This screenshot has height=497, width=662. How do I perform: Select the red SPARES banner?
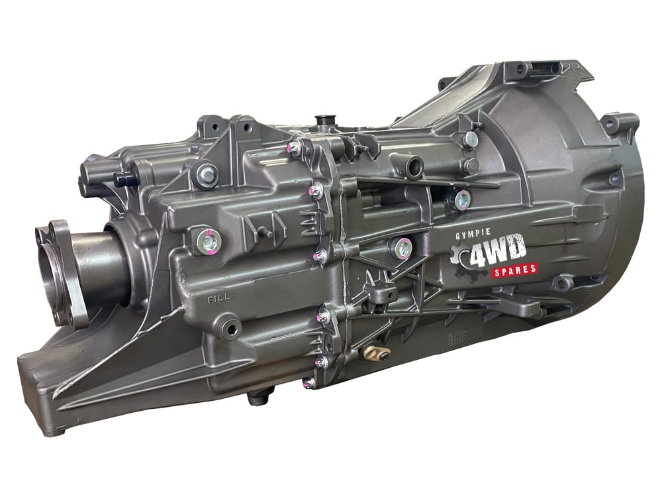click(x=514, y=269)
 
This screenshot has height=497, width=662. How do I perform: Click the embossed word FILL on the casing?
click(x=218, y=299)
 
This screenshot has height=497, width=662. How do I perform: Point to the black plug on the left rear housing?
click(x=123, y=179)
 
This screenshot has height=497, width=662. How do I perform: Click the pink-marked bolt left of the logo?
click(x=402, y=248)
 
